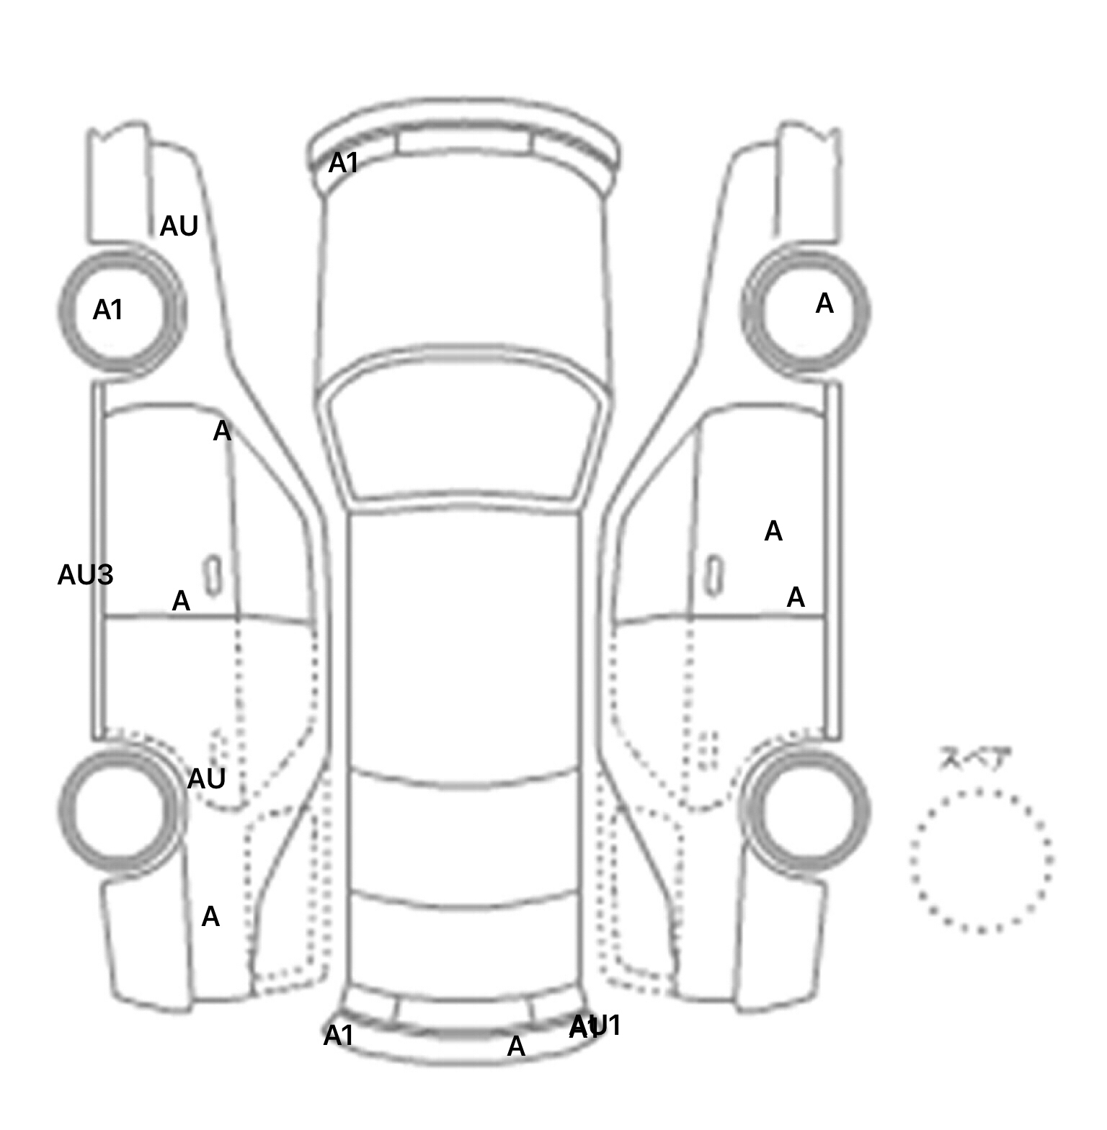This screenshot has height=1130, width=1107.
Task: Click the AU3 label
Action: [85, 575]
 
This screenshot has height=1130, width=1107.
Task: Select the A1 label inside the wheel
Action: [108, 311]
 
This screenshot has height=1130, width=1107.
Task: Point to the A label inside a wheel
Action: [824, 304]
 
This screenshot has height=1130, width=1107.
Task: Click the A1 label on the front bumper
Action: [343, 164]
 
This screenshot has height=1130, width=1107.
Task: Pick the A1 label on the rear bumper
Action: [338, 1036]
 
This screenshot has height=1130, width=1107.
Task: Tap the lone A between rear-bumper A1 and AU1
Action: [516, 1046]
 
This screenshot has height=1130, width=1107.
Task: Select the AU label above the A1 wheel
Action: [179, 226]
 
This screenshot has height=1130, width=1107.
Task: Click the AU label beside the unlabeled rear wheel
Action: [206, 778]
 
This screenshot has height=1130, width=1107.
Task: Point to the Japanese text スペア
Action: [975, 759]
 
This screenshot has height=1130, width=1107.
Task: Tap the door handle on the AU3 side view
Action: [213, 575]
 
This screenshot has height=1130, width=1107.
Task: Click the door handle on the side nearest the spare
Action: [713, 575]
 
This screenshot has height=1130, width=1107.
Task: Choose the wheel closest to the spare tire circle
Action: [806, 809]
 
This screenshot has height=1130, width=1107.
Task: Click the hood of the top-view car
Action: [465, 274]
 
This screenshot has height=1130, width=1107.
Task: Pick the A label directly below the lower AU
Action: [210, 917]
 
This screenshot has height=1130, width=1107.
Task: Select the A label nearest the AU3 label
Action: [181, 600]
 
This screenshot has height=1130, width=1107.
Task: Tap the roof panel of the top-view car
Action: [465, 641]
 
